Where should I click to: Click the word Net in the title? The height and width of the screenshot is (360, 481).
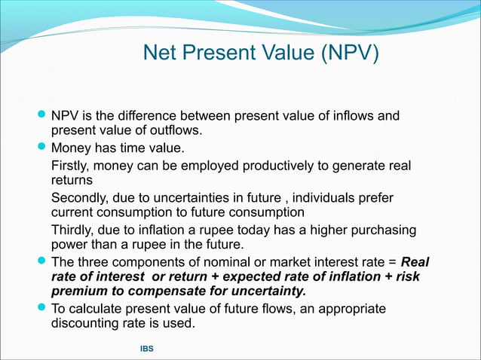pos(161,53)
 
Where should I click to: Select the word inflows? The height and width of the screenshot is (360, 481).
pos(349,116)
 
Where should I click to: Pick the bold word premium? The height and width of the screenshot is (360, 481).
pos(83,291)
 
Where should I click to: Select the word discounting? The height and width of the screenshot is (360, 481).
pos(89,324)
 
